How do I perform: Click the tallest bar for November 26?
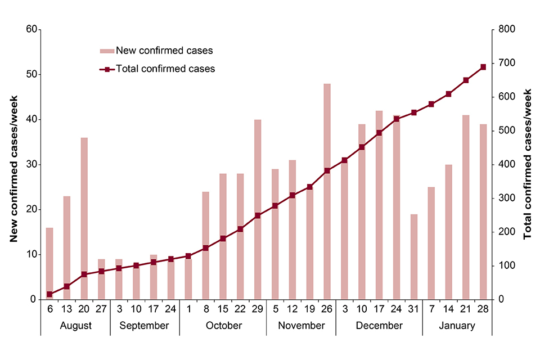[x=327, y=191]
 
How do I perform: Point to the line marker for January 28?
[x=483, y=67]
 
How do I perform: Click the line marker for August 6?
[x=49, y=294]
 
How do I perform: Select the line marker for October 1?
[x=188, y=256]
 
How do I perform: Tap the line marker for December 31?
[x=413, y=112]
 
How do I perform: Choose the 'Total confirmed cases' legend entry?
[x=157, y=69]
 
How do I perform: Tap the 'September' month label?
[x=145, y=326]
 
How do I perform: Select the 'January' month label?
[x=457, y=326]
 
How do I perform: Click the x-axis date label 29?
[x=258, y=309]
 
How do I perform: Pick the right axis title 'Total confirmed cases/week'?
[x=527, y=164]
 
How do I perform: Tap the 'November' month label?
[x=301, y=326]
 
